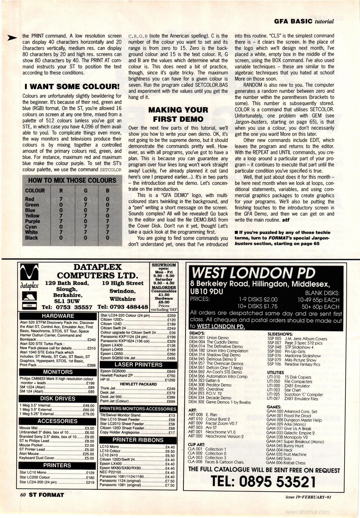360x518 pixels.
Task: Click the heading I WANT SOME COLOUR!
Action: (71, 87)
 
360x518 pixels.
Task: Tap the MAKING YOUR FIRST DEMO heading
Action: (178, 115)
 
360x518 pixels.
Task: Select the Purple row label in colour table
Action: (32, 221)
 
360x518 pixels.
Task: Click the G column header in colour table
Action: (85, 191)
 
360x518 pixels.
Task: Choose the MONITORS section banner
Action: (58, 372)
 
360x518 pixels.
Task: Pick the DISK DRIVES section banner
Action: (58, 399)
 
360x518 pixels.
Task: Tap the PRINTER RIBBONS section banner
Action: (138, 440)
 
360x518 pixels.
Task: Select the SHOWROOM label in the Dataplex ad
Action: (164, 265)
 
